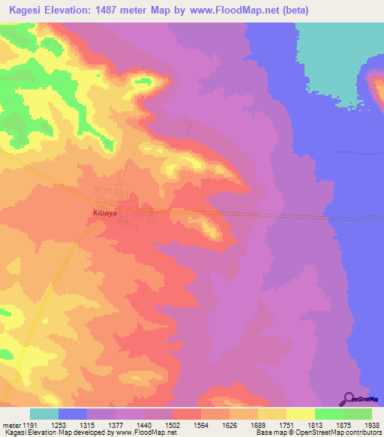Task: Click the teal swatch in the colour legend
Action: coord(44,414)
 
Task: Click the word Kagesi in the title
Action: coord(28,11)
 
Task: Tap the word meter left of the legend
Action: coord(11,425)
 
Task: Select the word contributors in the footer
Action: coord(360,432)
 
